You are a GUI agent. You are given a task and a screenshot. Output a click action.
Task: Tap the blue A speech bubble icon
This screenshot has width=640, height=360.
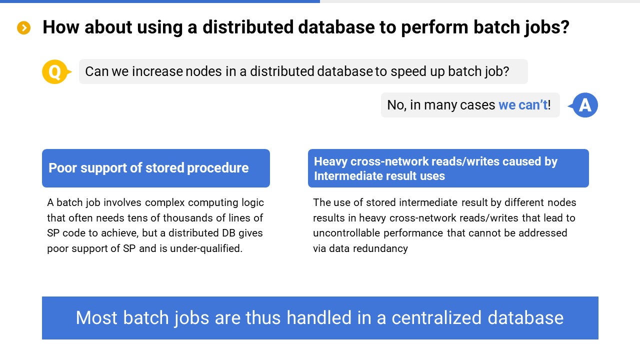[583, 105]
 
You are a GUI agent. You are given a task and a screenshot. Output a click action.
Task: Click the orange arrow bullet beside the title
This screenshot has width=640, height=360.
[23, 27]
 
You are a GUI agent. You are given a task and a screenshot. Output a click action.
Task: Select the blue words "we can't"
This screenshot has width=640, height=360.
[523, 105]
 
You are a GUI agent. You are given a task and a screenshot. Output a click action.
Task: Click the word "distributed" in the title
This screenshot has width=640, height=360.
[248, 27]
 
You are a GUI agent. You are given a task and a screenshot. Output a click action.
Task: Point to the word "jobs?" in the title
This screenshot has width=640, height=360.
[547, 28]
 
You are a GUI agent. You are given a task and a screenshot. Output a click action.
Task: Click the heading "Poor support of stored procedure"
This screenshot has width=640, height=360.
[148, 168]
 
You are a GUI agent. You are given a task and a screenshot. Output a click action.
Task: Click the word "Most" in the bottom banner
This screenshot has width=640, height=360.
[96, 317]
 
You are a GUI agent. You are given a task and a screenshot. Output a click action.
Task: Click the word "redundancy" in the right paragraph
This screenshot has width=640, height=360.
[380, 249]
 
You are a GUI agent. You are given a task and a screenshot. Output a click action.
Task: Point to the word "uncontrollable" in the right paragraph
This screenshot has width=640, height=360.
[346, 233]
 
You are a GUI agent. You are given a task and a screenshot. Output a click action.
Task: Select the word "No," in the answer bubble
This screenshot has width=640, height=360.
[397, 105]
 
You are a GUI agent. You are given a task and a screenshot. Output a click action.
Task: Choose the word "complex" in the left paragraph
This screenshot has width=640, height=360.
[164, 203]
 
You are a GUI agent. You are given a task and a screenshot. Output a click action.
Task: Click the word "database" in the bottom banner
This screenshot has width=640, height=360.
[525, 317]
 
